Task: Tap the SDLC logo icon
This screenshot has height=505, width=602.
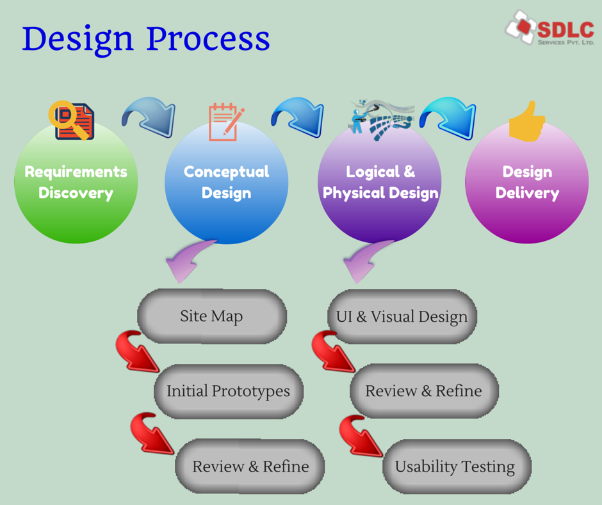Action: (521, 26)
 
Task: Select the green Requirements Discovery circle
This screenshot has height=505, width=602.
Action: (76, 183)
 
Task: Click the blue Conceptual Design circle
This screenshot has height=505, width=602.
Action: (226, 183)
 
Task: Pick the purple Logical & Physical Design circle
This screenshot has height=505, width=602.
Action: (380, 183)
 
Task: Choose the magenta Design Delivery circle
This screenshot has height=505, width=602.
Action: (526, 183)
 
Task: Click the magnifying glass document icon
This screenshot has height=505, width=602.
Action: (71, 120)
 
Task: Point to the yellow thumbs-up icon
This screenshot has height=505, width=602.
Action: (526, 121)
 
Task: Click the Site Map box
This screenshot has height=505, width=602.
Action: (211, 316)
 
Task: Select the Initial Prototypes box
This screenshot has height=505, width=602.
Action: (228, 391)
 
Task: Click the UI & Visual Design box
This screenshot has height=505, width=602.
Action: (402, 317)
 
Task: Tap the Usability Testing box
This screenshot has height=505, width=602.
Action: (455, 466)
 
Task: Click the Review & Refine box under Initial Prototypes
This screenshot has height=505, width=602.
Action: (250, 466)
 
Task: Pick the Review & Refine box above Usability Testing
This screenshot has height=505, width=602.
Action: (423, 391)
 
